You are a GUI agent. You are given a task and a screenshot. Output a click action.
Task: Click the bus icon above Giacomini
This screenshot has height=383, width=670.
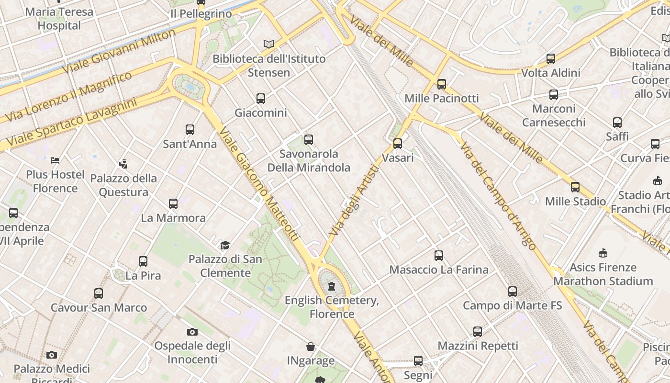pos(261,99)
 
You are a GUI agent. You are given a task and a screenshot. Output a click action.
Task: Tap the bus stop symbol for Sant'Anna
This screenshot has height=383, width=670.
pos(190,130)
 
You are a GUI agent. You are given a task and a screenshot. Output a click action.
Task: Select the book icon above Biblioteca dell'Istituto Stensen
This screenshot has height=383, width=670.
pos(269,45)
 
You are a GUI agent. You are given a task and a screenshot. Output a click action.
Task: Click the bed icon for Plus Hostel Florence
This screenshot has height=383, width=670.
pos(55,160)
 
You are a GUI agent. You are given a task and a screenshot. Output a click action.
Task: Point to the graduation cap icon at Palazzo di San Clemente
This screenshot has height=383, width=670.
pos(225,246)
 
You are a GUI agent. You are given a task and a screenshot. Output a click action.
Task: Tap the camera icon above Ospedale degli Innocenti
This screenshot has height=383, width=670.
pos(192,332)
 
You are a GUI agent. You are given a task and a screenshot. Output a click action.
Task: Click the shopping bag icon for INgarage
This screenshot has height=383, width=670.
pos(311,347)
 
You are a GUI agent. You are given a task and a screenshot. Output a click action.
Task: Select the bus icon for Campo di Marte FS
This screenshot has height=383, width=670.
pos(513,291)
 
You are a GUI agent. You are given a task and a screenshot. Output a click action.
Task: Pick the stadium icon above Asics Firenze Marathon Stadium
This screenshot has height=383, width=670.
pos(603,253)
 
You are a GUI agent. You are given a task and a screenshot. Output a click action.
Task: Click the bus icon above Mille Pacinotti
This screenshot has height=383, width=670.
pos(442,84)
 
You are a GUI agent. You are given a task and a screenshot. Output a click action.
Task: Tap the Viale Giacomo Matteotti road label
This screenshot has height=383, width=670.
pos(259,184)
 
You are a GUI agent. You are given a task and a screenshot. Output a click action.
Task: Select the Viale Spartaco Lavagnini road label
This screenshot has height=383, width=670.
pos(72,123)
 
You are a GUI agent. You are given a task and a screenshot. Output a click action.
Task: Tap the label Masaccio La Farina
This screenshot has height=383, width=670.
pos(439,270)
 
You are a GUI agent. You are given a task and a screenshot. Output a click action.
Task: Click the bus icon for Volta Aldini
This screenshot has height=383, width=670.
pos(551,59)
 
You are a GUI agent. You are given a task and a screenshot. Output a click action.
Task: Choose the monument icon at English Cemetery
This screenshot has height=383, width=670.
pos(331,286)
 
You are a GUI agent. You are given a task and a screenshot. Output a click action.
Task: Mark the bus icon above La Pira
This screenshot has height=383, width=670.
pos(143,261)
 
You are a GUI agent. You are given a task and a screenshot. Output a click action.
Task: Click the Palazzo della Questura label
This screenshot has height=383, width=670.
pos(123,185)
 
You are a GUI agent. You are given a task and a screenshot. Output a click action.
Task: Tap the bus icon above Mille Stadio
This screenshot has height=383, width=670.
pos(575,187)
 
